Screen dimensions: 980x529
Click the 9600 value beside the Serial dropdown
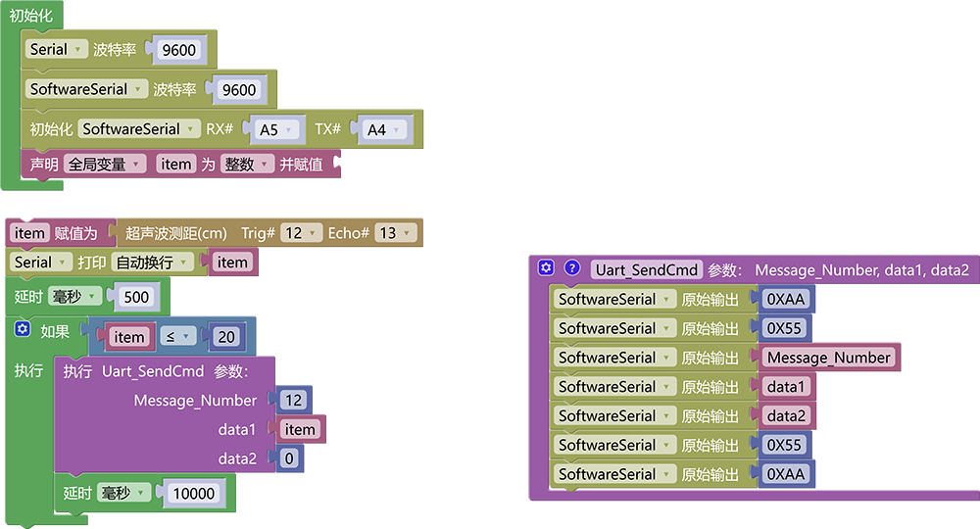click(178, 50)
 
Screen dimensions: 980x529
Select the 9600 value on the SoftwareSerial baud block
click(239, 90)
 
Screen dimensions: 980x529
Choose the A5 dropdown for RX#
click(275, 130)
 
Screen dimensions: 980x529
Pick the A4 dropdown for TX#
click(383, 130)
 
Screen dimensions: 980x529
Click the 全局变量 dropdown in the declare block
click(105, 165)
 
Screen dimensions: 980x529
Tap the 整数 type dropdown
click(247, 165)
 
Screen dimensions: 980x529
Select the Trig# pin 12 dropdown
click(301, 233)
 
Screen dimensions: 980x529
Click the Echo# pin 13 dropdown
click(396, 233)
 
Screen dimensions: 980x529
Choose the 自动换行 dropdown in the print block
click(152, 263)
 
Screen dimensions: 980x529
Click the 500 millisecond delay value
click(136, 297)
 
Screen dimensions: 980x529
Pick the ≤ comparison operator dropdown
click(177, 337)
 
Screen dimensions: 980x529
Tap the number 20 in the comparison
click(226, 337)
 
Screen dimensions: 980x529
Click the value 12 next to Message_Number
click(293, 400)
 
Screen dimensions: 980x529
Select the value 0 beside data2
click(289, 458)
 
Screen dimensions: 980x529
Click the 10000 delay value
click(194, 494)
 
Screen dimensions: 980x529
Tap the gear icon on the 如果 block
click(23, 329)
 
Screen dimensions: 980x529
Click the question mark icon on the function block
click(572, 268)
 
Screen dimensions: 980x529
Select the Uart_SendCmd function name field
click(646, 269)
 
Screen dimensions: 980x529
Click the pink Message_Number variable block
click(829, 358)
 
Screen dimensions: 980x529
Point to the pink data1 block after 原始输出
click(786, 387)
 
